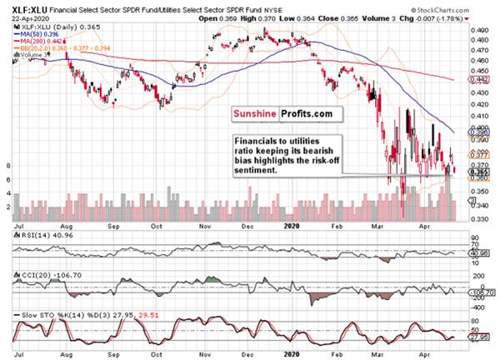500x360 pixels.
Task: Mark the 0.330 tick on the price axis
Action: pyautogui.click(x=479, y=219)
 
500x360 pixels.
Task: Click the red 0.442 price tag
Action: pyautogui.click(x=479, y=80)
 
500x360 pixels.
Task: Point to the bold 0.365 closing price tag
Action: pyautogui.click(x=479, y=172)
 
